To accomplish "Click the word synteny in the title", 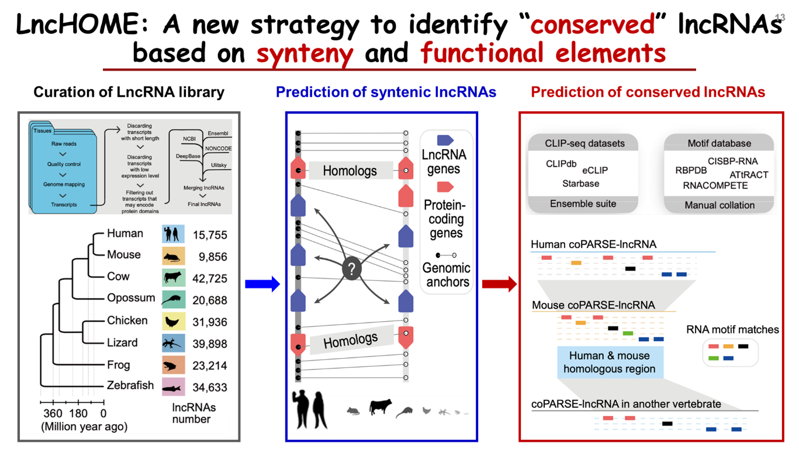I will coord(305,55).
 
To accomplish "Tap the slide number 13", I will coord(780,18).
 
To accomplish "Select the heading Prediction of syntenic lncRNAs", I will coord(386,92).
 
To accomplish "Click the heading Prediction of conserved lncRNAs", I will coord(648,92).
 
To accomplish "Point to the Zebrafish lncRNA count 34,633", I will coord(209,387).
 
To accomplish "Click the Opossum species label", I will coord(131,298).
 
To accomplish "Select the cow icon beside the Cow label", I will coord(174,277).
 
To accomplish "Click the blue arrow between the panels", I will coord(262,284).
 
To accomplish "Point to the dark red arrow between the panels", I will coord(499,284).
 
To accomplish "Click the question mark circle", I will coord(351,270).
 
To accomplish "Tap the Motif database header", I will coord(719,143).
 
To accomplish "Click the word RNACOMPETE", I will coord(715,185).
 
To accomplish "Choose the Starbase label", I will coord(580,184).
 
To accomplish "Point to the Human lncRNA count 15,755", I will coord(209,235).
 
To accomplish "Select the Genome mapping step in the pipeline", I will coord(64,184).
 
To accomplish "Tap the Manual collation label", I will coord(719,205).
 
